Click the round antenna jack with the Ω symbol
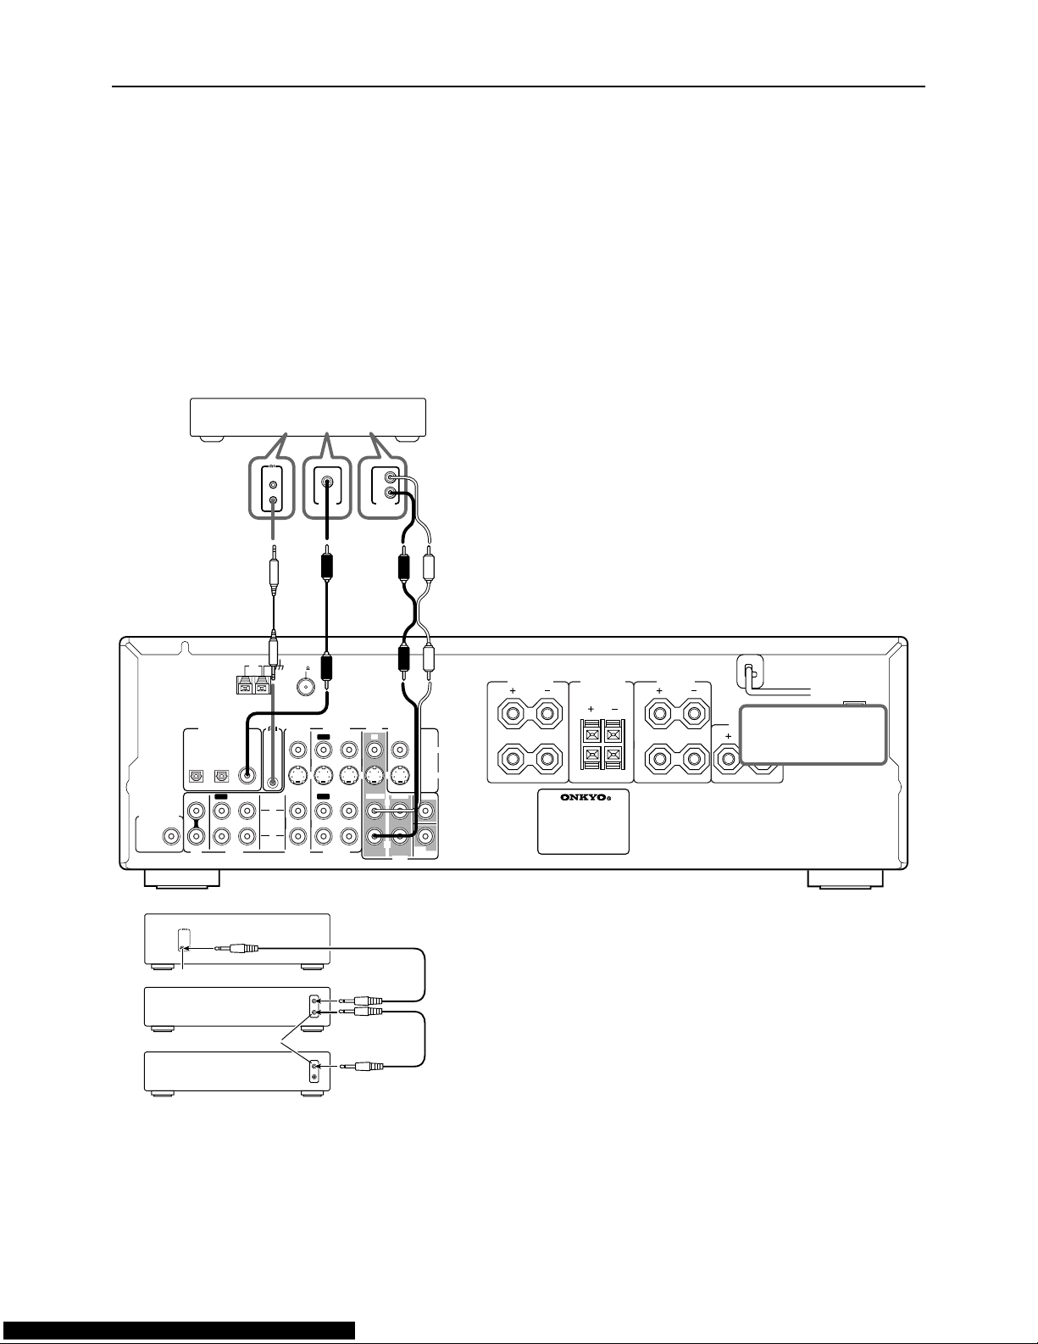(x=307, y=686)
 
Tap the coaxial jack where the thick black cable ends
(x=247, y=773)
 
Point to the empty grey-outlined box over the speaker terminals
(x=813, y=735)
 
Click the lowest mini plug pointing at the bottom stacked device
(x=362, y=1066)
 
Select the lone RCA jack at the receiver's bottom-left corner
(x=170, y=836)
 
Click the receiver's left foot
(x=181, y=878)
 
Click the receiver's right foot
(x=846, y=878)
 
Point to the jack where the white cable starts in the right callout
(x=390, y=478)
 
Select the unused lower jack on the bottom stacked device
(x=316, y=1078)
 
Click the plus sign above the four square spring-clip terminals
(x=591, y=710)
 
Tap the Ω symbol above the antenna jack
(x=307, y=668)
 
